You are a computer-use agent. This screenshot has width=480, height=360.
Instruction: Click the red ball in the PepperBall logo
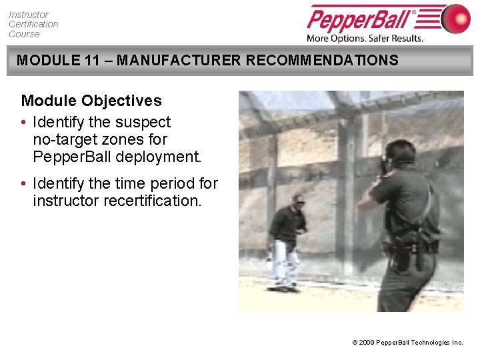coord(457,18)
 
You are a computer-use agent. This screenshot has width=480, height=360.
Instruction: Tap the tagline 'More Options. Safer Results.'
coord(365,38)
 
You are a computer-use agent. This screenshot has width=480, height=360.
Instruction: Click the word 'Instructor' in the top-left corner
coord(29,14)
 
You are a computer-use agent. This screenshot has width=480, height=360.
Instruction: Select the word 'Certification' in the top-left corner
coord(33,24)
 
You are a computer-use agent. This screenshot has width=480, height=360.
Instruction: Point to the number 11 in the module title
coord(93,61)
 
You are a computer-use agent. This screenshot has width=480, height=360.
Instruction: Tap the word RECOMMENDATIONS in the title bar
coord(322,61)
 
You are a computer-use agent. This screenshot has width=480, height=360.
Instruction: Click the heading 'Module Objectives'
coord(91,101)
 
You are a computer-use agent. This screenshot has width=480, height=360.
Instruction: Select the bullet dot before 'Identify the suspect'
coord(24,123)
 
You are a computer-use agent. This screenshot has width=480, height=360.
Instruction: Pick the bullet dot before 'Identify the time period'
coord(24,183)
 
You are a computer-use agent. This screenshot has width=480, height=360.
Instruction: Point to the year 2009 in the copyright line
coord(366,343)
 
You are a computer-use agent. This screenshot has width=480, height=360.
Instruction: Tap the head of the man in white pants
coord(298,201)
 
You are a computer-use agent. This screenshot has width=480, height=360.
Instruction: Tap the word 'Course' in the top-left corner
coord(24,34)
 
